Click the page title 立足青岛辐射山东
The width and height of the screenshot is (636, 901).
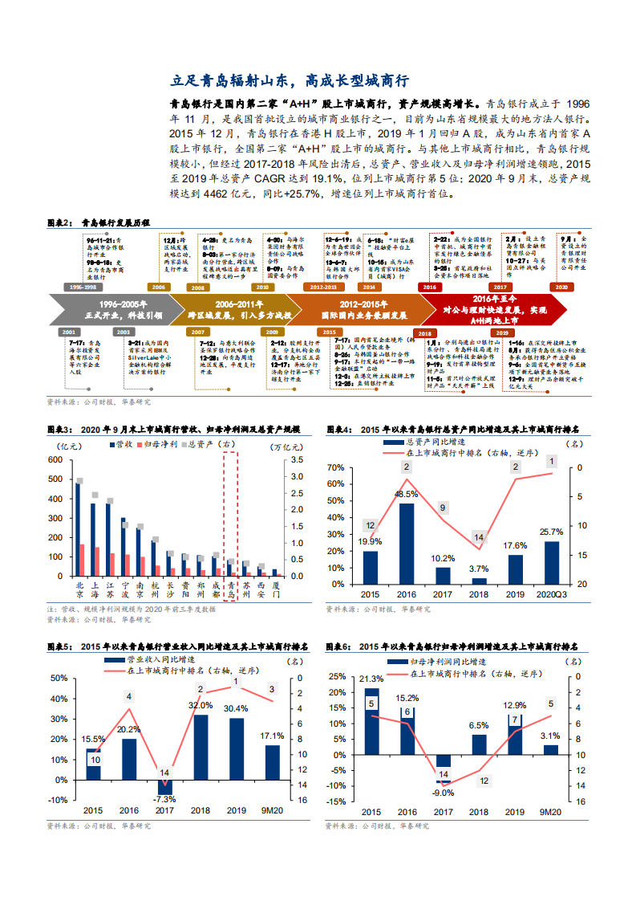(x=291, y=81)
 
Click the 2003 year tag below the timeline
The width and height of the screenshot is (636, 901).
(x=123, y=332)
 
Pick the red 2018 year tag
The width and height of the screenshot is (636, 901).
(x=423, y=332)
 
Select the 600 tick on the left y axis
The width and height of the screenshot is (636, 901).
(x=55, y=460)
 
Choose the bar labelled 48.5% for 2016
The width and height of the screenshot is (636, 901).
(x=407, y=540)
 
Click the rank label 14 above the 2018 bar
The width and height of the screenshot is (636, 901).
(x=479, y=537)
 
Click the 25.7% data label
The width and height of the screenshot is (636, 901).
(x=552, y=532)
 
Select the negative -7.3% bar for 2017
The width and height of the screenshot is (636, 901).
(x=165, y=787)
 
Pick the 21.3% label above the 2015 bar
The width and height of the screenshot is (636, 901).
(x=371, y=679)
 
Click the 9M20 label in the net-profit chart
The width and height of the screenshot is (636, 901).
(x=550, y=812)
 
